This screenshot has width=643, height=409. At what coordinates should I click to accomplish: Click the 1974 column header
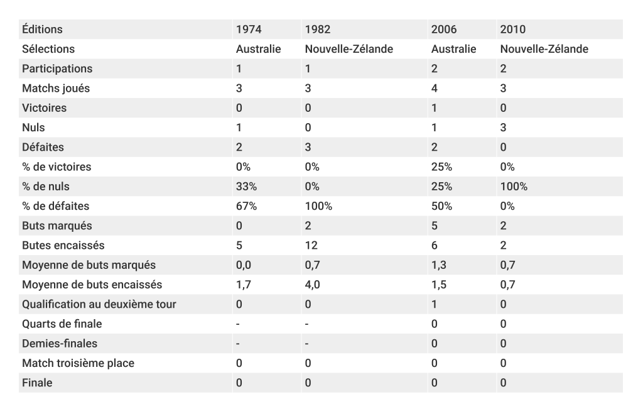[x=249, y=30]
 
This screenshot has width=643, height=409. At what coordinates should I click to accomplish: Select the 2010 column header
[x=512, y=30]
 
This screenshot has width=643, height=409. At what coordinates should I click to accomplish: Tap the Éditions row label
[x=42, y=30]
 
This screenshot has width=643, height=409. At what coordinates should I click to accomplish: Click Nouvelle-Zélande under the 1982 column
[x=349, y=49]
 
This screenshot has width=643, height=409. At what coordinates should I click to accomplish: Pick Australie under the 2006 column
[x=453, y=49]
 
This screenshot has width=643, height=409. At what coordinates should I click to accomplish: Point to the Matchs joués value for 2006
[x=434, y=89]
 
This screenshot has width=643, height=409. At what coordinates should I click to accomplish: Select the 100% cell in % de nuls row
[x=514, y=187]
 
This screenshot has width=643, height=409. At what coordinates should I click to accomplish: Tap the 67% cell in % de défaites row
[x=246, y=206]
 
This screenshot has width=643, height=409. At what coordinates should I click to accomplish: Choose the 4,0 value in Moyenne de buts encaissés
[x=312, y=285]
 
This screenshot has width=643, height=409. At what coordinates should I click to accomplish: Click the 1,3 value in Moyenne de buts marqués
[x=438, y=265]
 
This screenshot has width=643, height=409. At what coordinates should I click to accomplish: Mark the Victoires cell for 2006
[x=434, y=108]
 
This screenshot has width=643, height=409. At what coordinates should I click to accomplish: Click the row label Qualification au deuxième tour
[x=99, y=305]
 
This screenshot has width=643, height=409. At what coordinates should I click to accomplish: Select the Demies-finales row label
[x=60, y=344]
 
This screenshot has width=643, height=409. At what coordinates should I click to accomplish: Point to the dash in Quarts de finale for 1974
[x=238, y=324]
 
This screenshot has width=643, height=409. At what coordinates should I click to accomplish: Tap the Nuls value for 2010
[x=503, y=128]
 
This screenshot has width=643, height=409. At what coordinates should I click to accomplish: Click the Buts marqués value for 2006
[x=434, y=226]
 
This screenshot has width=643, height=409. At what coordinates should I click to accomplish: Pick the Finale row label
[x=37, y=383]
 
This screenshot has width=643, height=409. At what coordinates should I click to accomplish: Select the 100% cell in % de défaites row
[x=318, y=206]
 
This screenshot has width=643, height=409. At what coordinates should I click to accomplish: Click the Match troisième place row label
[x=78, y=363]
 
